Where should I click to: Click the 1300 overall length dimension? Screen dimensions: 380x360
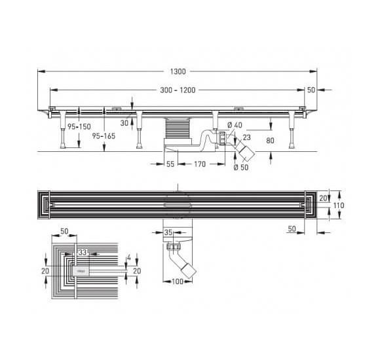point(178,71)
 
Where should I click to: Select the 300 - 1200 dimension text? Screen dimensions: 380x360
point(178,90)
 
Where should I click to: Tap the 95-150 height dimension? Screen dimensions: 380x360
point(79,126)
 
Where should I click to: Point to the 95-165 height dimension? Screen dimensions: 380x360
point(104,136)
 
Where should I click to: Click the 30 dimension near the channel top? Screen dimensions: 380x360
point(124,123)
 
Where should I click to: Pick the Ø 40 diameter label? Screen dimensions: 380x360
point(235,125)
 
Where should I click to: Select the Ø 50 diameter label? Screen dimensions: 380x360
point(241,168)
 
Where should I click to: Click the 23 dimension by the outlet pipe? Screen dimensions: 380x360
point(247,137)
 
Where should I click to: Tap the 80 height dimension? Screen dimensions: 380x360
point(270,141)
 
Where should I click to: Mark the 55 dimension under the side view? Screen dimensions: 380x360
point(170,164)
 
